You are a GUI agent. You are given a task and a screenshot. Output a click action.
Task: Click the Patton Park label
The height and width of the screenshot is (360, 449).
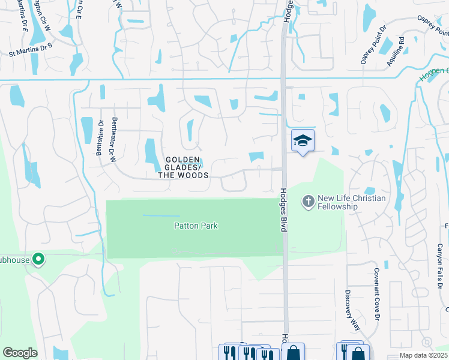tap(196, 226)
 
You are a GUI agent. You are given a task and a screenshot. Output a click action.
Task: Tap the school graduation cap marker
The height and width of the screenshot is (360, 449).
tap(303, 141)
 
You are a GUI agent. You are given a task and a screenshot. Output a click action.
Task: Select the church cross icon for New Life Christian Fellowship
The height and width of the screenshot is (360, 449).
tap(309, 201)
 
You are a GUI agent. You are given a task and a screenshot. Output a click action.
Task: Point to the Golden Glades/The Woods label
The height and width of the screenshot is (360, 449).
tap(183, 167)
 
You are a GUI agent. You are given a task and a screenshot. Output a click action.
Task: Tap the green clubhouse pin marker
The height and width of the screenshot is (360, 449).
tap(38, 260)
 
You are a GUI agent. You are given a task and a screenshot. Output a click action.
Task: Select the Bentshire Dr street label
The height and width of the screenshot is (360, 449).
tap(100, 138)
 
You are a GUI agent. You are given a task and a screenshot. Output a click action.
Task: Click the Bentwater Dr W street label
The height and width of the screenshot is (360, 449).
tap(112, 142)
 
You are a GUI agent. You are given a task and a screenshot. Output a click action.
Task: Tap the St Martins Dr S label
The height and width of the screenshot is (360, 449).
tap(31, 54)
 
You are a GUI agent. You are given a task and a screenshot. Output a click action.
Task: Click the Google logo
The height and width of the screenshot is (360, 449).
tap(20, 353)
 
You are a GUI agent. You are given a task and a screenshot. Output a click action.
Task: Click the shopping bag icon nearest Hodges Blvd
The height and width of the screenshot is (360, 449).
tap(294, 352)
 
